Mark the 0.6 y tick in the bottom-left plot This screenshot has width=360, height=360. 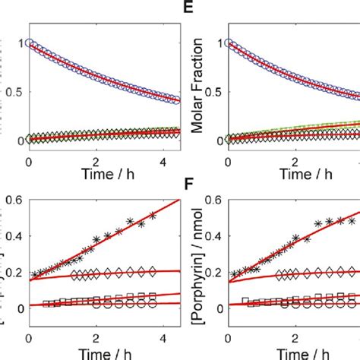(x=13, y=201)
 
